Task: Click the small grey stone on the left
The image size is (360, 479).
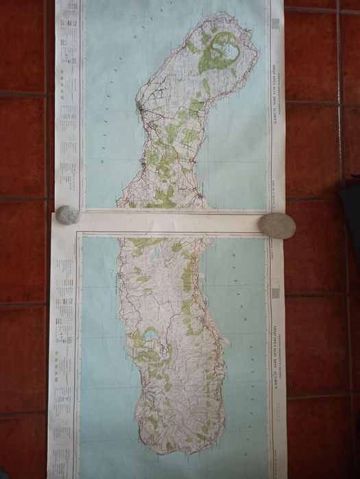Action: click(67, 215)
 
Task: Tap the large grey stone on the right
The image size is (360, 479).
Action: click(277, 225)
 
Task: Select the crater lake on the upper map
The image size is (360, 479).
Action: click(224, 49)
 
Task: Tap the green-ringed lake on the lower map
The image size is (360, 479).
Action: click(149, 334)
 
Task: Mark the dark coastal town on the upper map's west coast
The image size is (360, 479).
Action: click(140, 108)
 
